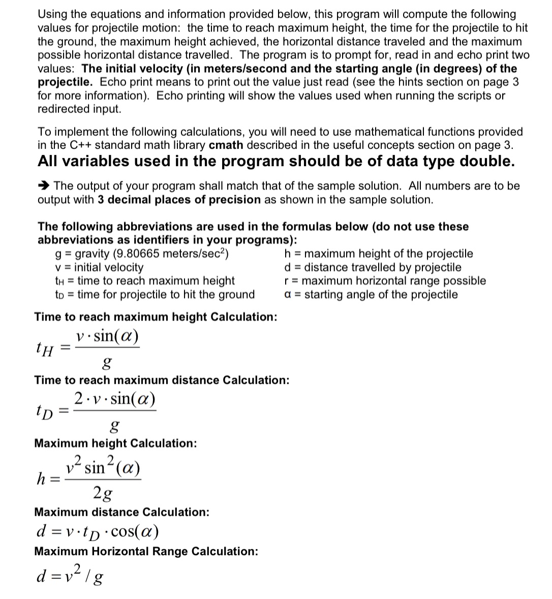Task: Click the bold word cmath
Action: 226,145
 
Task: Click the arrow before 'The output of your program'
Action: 44,186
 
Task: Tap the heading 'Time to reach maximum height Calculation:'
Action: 156,317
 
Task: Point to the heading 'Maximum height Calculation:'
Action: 115,443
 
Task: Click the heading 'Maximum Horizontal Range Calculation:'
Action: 146,551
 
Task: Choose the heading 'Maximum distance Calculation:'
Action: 121,512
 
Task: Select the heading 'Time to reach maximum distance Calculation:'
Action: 162,380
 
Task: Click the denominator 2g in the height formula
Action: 103,493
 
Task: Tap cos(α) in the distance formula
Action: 135,532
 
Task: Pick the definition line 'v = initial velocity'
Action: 99,267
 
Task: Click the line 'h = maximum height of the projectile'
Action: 379,254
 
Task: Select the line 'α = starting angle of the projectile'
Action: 371,295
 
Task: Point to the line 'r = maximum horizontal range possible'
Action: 385,281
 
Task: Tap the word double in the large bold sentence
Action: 485,162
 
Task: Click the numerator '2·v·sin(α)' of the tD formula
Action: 114,399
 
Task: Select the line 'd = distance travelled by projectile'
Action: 373,267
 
